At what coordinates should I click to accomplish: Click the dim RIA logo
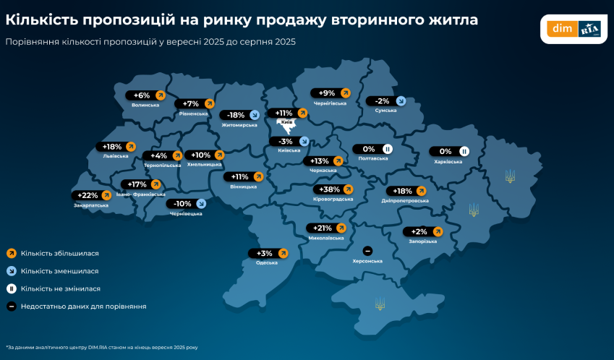[575, 29]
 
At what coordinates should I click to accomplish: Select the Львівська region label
[116, 155]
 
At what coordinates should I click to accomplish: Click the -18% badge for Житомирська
[241, 115]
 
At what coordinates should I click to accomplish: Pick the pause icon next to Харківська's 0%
[465, 151]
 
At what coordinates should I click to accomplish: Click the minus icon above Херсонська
[367, 249]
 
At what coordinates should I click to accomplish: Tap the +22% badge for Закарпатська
[91, 195]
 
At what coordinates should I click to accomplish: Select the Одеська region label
[267, 262]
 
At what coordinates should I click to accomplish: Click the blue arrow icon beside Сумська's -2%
[400, 101]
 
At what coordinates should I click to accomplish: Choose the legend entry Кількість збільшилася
[59, 254]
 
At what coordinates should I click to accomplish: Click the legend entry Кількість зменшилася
[59, 271]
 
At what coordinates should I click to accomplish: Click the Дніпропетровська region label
[405, 200]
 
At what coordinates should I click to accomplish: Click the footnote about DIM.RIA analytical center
[101, 347]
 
